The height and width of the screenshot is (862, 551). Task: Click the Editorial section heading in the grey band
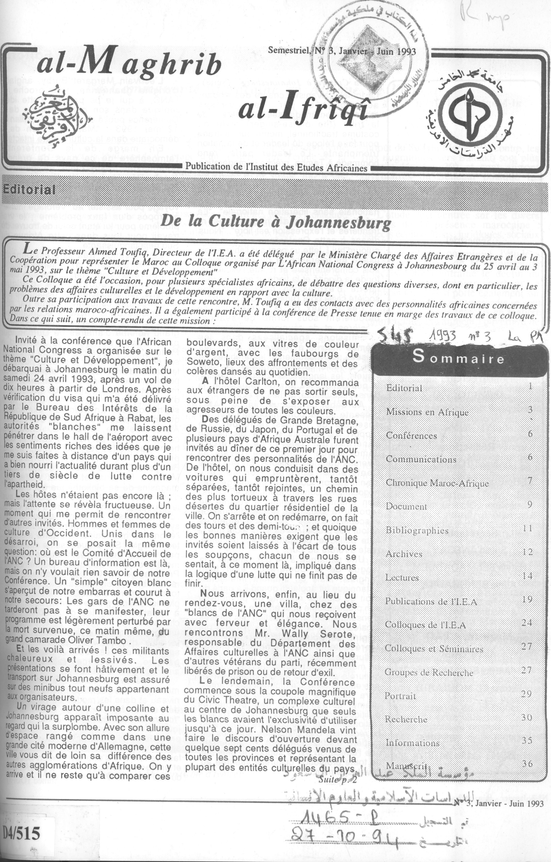[29, 189]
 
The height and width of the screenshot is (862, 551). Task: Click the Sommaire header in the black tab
[459, 358]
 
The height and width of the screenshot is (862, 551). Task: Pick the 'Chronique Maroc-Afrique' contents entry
[437, 483]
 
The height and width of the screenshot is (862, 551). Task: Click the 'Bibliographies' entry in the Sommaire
[417, 530]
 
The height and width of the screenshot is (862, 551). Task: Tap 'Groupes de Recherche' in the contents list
[429, 672]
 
